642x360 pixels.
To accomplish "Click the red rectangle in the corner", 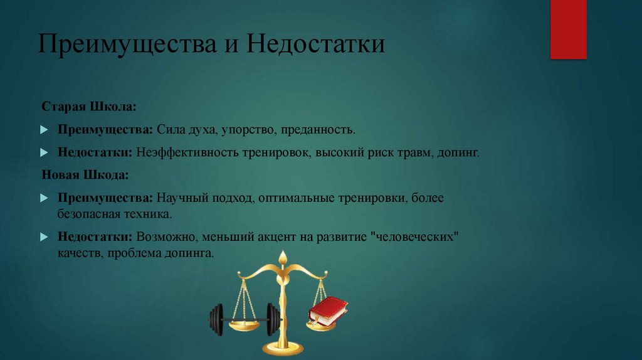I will pos(568,29).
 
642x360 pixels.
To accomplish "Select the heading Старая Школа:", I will pos(89,108).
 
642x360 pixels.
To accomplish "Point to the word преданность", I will pos(318,130).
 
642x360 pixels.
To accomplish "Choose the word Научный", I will pos(184,198).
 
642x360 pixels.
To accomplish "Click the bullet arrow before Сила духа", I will pos(44,130).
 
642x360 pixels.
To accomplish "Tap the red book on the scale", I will pos(328,310).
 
